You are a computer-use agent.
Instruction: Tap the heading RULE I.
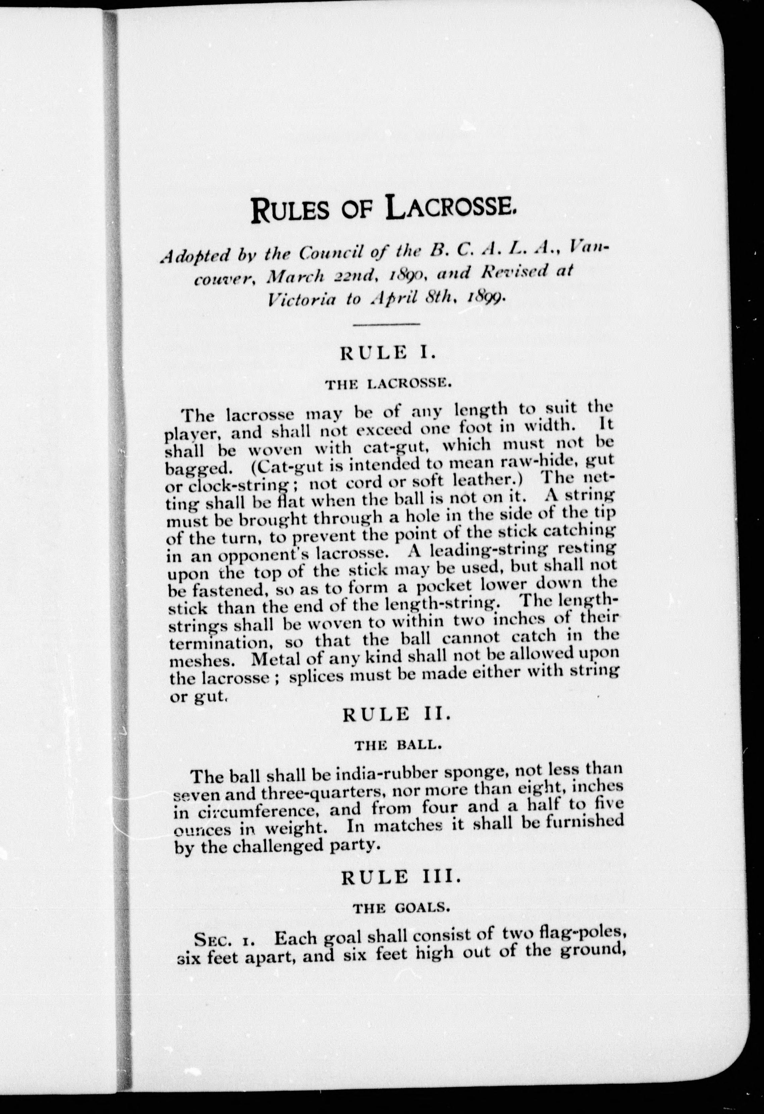pyautogui.click(x=387, y=353)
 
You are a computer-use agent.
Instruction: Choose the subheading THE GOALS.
pyautogui.click(x=401, y=908)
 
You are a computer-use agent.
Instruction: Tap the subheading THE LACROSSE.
pyautogui.click(x=387, y=384)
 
